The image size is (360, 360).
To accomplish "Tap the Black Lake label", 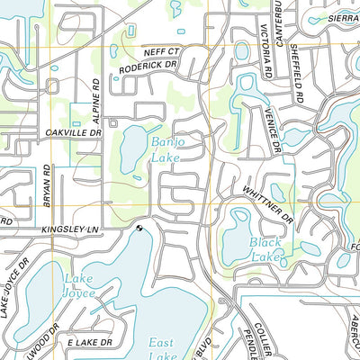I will pos(265,249).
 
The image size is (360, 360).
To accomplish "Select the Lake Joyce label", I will pos(78,286).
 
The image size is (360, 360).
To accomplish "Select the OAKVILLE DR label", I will pos(74,131).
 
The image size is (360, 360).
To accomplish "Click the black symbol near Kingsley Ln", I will pos(139,229).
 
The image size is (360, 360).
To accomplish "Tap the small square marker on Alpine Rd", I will pos(112,120).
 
